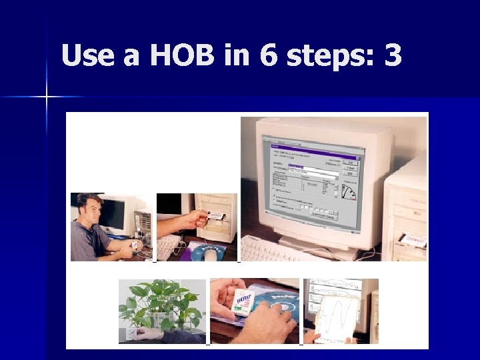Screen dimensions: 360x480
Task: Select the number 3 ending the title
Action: (x=393, y=56)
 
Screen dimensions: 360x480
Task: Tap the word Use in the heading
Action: (x=89, y=56)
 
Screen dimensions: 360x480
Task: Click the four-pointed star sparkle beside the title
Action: (x=47, y=97)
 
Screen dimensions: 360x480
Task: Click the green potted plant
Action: (x=160, y=303)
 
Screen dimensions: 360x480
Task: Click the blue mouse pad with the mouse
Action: (x=210, y=252)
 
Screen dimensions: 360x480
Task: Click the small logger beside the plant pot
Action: (x=131, y=333)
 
